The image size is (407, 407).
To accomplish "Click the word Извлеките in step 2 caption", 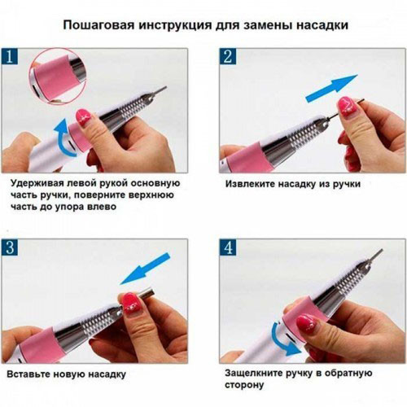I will pyautogui.click(x=252, y=183).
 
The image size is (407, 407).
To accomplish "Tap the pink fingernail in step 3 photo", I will pyautogui.click(x=130, y=303).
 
